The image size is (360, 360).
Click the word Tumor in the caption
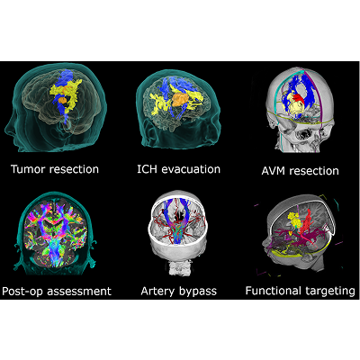29,169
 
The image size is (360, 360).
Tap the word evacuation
191,169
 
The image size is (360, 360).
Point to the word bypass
198,292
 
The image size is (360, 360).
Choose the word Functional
274,291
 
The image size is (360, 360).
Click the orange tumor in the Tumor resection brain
63,100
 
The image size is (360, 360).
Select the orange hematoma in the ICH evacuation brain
180,99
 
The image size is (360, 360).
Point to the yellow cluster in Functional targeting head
293,220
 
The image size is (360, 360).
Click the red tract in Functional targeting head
307,222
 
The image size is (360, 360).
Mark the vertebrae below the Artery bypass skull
179,267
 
